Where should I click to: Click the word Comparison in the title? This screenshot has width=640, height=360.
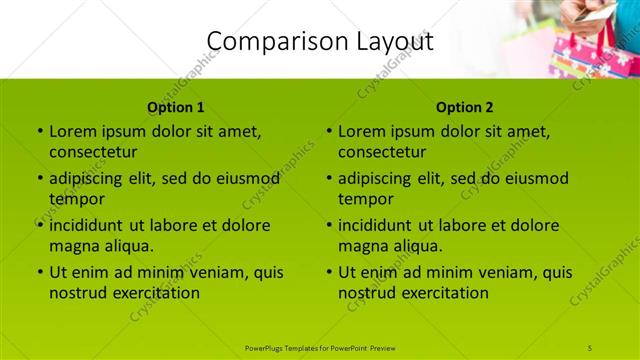click(x=267, y=42)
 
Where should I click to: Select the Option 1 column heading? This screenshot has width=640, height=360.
click(x=176, y=107)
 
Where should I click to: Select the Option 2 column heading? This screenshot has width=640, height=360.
click(x=465, y=107)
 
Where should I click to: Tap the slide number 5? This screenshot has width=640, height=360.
click(x=591, y=347)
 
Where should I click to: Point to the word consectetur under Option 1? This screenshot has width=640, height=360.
click(x=93, y=152)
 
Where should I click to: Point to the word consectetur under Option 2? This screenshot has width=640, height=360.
click(x=382, y=152)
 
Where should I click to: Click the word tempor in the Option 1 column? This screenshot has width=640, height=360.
click(x=76, y=199)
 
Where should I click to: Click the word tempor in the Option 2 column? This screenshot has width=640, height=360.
click(x=365, y=199)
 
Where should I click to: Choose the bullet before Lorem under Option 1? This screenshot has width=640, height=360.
click(x=39, y=131)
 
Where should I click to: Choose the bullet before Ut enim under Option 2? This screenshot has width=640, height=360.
click(x=328, y=272)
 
